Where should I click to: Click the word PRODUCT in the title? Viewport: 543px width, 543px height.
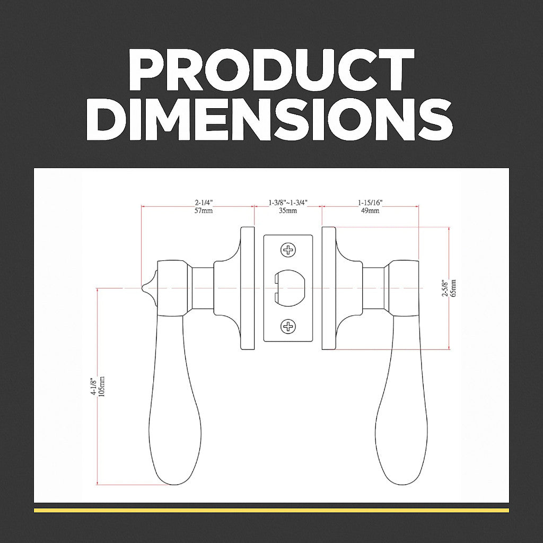pyautogui.click(x=271, y=69)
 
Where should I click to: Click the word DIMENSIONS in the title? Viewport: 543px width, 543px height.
pyautogui.click(x=269, y=119)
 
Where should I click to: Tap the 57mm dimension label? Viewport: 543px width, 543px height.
pyautogui.click(x=204, y=211)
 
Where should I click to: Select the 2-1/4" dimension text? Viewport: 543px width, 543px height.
pyautogui.click(x=203, y=203)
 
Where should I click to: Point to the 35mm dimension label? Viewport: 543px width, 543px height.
pyautogui.click(x=288, y=211)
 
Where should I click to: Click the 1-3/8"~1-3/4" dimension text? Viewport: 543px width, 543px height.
pyautogui.click(x=288, y=203)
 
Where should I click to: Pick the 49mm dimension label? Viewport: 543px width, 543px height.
pyautogui.click(x=370, y=211)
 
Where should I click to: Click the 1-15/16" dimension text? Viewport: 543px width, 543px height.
pyautogui.click(x=370, y=203)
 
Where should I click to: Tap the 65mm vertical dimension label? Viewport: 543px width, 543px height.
pyautogui.click(x=454, y=288)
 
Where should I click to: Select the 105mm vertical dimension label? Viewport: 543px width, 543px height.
pyautogui.click(x=102, y=387)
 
